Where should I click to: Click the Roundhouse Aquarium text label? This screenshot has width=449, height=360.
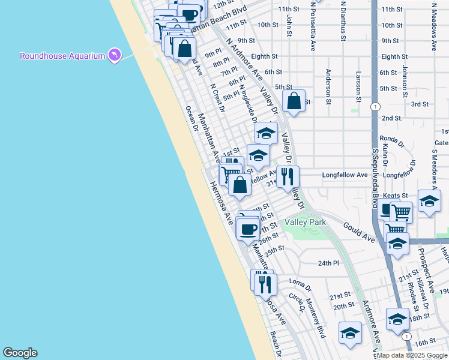(x=62, y=56)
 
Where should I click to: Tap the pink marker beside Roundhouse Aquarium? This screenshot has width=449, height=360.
(x=113, y=55)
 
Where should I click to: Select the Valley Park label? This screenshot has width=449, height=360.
(x=305, y=222)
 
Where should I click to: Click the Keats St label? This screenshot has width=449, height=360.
(x=396, y=196)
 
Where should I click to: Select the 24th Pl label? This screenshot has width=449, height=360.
(x=328, y=263)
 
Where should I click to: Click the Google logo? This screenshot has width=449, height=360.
(x=20, y=353)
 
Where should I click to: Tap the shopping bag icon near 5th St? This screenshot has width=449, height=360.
(x=294, y=101)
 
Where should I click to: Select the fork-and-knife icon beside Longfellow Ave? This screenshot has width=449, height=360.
(x=288, y=176)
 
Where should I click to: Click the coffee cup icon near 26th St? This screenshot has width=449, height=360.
(x=248, y=228)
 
